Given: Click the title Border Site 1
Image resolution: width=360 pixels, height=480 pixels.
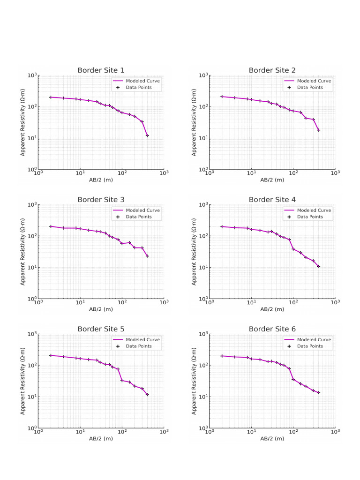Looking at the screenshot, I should click(x=101, y=70).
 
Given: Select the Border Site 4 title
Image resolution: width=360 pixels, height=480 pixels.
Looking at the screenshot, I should click(x=272, y=200).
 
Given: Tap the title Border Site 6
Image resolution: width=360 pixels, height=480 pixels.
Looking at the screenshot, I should click(x=272, y=329).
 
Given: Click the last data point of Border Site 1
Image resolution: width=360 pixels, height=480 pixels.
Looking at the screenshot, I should click(x=147, y=135).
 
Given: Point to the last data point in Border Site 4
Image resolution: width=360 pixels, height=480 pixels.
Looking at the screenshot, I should click(x=318, y=266).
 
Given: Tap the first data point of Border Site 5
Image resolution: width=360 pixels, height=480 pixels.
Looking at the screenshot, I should click(x=51, y=355).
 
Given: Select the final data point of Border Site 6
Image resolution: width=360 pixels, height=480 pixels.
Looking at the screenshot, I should click(x=318, y=392).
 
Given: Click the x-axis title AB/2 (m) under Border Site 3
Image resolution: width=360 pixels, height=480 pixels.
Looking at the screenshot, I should click(x=101, y=309).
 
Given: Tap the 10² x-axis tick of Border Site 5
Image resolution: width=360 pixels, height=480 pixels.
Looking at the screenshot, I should click(x=122, y=434).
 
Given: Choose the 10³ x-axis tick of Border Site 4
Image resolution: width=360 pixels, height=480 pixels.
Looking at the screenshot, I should click(x=335, y=305).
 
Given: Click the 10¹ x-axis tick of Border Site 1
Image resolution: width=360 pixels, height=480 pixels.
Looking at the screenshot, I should click(x=80, y=175).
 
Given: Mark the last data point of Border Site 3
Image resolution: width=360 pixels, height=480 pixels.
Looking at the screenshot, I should click(x=147, y=256).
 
